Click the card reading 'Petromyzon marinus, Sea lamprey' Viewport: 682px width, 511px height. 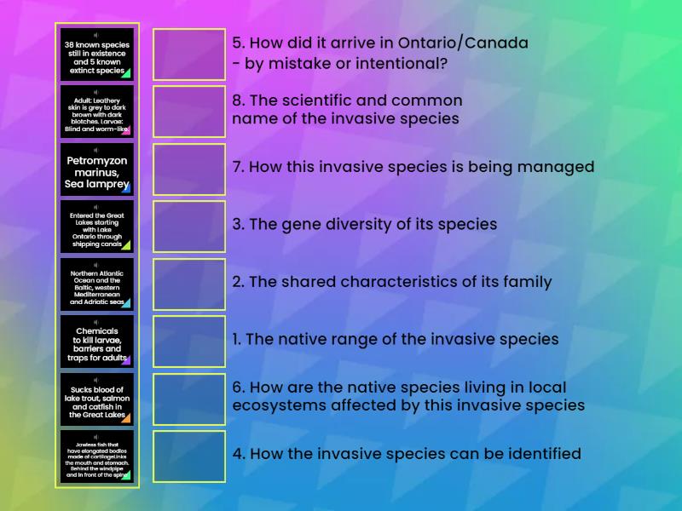(96, 169)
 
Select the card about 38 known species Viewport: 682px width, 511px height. (96, 55)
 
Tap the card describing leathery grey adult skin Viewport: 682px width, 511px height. (96, 112)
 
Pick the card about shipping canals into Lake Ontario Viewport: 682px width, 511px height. (96, 227)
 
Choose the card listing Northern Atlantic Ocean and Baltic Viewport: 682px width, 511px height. (96, 284)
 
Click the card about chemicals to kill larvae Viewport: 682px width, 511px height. (96, 342)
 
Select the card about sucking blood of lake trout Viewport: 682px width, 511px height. (96, 399)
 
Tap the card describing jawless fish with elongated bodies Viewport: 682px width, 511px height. (96, 456)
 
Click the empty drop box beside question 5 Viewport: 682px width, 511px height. (189, 55)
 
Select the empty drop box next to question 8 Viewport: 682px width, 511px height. (189, 112)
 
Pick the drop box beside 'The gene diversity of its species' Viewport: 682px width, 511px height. (189, 227)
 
